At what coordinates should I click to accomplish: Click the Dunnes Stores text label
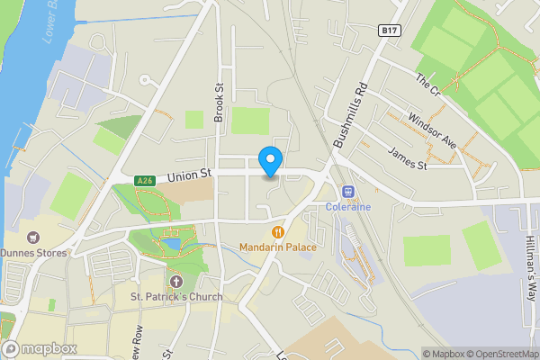(x=34, y=253)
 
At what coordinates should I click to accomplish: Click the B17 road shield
(x=389, y=31)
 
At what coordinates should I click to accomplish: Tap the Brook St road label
(x=218, y=102)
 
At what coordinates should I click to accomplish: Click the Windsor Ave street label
(x=432, y=130)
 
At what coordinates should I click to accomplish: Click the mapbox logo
(x=40, y=348)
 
